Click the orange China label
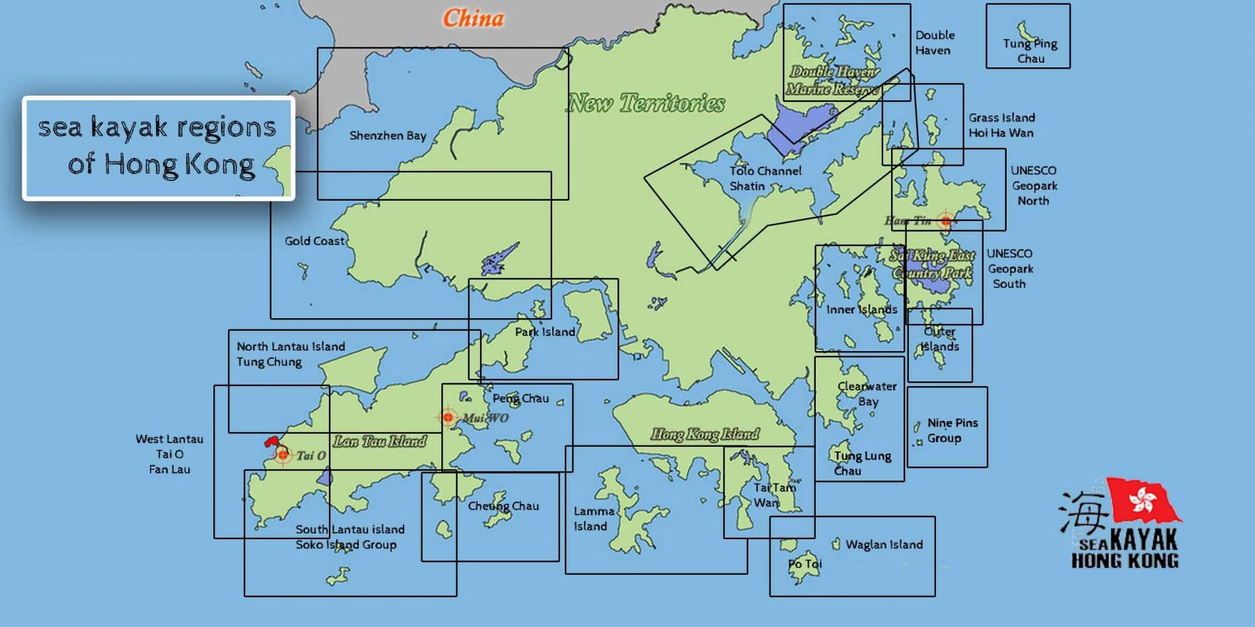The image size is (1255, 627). click(x=473, y=18)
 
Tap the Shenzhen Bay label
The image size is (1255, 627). click(x=388, y=136)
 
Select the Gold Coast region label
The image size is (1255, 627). click(x=314, y=242)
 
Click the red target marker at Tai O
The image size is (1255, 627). click(x=283, y=455)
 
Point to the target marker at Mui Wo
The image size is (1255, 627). click(x=448, y=417)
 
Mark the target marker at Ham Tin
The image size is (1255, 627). click(x=945, y=220)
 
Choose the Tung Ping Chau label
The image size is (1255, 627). click(x=1030, y=51)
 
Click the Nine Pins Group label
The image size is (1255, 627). click(x=952, y=430)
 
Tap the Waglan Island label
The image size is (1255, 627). click(x=884, y=544)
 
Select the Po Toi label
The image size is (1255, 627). click(x=805, y=564)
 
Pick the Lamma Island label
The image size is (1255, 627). click(x=593, y=519)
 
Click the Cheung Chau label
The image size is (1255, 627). click(x=503, y=506)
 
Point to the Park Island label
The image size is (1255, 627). click(x=545, y=332)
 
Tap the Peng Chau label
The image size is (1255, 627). click(x=520, y=399)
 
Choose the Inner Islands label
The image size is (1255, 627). click(x=861, y=310)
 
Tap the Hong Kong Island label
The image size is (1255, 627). click(x=704, y=434)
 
